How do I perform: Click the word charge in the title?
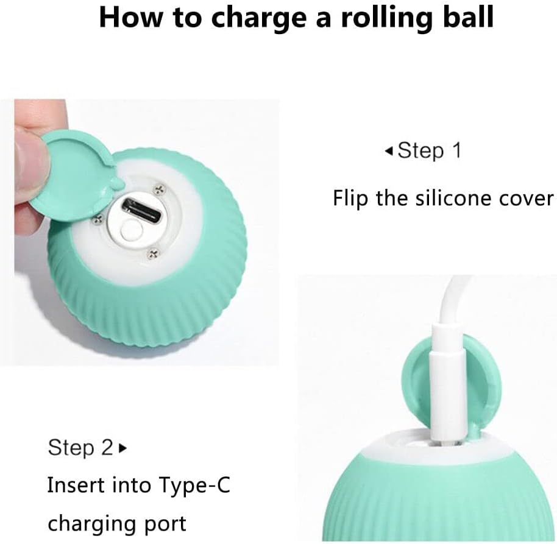point(259,18)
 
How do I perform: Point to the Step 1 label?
point(430,150)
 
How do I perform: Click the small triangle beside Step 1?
point(389,152)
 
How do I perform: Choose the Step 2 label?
point(80,447)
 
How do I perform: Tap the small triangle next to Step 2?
point(123,448)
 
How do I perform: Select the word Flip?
point(350,199)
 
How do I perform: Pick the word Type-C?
point(194,486)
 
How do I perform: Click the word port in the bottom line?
point(166,525)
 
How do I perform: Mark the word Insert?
point(76,485)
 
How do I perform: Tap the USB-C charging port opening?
point(142,210)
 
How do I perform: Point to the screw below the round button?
point(154,253)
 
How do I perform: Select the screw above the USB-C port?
point(160,189)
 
